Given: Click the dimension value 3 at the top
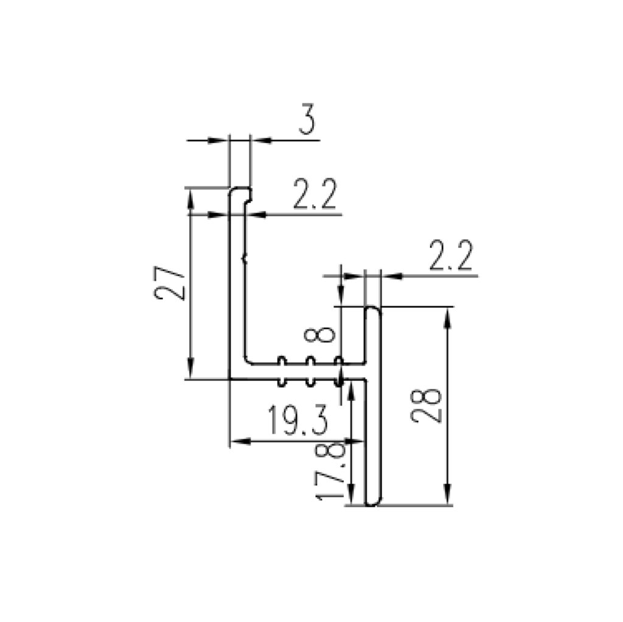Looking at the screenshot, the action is (x=307, y=119).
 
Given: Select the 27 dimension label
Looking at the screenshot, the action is (x=169, y=283).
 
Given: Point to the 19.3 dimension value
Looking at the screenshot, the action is (x=298, y=420).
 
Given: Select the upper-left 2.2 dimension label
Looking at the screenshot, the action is (x=315, y=194).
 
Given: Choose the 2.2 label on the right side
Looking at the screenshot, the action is (x=451, y=255).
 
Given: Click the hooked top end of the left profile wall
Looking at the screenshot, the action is (x=240, y=194).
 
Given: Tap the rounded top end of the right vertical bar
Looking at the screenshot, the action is (x=373, y=311).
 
